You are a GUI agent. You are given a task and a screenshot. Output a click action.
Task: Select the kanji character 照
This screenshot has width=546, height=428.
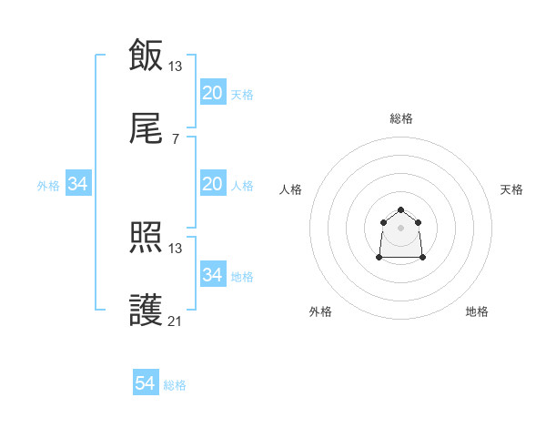click(146, 239)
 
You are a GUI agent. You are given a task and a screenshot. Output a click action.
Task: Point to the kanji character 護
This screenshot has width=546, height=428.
click(146, 311)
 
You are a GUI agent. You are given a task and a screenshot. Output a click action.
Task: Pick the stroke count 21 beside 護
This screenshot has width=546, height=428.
click(176, 321)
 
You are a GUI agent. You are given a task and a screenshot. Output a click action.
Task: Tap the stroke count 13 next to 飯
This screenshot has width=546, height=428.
click(176, 66)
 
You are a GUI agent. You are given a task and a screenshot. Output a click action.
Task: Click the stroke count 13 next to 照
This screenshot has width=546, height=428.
click(176, 248)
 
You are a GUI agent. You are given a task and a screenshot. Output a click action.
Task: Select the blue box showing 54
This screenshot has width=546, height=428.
click(146, 384)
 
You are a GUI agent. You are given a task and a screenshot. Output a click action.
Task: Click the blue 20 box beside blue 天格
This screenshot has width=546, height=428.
click(213, 93)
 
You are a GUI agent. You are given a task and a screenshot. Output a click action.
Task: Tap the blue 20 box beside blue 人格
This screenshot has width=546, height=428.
click(213, 184)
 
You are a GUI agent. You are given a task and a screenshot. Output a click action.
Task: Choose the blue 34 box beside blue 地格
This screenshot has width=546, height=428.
click(213, 275)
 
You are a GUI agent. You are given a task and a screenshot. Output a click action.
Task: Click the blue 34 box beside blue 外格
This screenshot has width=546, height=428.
click(78, 184)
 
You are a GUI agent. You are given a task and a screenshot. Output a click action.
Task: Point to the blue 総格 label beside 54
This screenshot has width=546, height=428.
click(175, 385)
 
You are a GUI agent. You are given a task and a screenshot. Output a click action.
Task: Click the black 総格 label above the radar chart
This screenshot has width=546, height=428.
click(401, 118)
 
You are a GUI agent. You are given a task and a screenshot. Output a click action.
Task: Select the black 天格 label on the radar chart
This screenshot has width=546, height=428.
click(511, 189)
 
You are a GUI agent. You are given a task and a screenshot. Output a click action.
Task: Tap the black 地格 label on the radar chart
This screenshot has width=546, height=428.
click(477, 311)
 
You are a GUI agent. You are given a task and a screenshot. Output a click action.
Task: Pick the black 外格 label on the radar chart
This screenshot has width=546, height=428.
click(320, 311)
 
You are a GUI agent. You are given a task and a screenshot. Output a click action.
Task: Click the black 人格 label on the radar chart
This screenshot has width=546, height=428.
click(291, 189)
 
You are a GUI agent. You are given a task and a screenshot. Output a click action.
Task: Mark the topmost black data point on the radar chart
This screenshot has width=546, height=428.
click(400, 210)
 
